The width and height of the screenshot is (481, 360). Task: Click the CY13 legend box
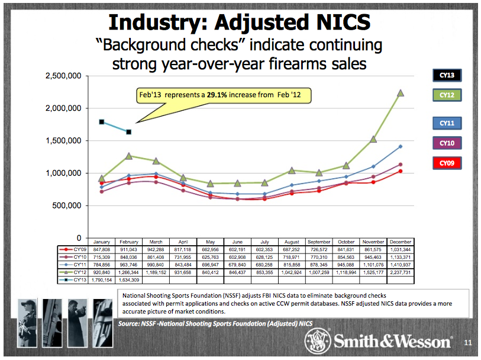pos(446,75)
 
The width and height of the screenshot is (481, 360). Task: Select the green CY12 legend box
pos(446,95)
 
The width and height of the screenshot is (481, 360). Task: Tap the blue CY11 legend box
pos(446,123)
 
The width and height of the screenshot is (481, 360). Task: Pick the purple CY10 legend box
pos(446,143)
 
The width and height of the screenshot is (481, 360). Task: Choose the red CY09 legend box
pos(446,163)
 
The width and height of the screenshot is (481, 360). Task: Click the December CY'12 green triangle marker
pos(401,93)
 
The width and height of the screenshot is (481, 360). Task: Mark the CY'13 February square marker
pos(129,132)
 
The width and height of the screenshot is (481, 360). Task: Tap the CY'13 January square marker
pos(102,122)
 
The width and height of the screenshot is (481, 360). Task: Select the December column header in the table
pos(400,242)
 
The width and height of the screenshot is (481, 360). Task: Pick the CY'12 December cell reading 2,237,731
pos(400,272)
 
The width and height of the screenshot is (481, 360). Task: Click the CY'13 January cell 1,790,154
pos(102,279)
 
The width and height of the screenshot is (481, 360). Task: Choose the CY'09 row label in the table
pos(79,250)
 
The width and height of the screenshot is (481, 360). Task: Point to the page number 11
pos(467,342)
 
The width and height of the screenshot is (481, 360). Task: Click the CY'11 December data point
pos(401,146)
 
